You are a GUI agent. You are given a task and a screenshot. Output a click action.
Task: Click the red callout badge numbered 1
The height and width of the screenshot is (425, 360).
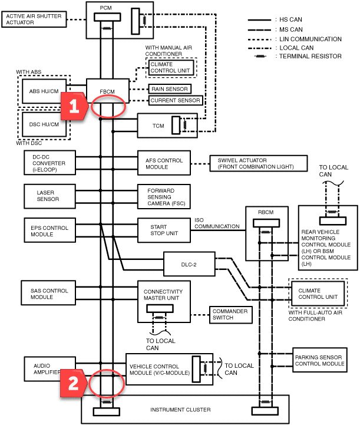coord(74,106)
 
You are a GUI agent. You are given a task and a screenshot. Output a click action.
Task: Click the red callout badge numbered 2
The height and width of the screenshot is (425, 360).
coord(73,383)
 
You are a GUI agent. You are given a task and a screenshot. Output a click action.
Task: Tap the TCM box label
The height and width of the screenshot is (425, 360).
coord(158,126)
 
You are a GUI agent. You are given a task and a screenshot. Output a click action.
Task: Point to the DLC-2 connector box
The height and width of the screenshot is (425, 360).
coord(189,264)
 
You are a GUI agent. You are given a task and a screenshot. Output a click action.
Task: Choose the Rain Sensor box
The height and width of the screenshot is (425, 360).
coord(170,89)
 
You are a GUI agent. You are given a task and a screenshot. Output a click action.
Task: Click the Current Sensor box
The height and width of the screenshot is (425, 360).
coord(175,100)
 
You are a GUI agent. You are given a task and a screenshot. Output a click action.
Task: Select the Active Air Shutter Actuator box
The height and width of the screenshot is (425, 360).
coord(34,19)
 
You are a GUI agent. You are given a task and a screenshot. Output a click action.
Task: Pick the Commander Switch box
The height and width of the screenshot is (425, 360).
coord(231,315)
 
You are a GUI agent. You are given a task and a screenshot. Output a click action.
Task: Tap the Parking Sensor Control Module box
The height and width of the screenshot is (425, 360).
coord(319,360)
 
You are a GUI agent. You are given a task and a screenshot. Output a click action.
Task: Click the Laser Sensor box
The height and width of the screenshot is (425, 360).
coord(49,196)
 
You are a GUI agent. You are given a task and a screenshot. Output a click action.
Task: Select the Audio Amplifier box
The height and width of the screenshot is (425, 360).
coord(49,369)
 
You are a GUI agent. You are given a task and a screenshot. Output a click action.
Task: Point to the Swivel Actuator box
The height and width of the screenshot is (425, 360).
coord(259,163)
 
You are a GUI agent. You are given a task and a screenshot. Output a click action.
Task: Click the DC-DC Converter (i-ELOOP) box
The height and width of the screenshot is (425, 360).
coord(49,163)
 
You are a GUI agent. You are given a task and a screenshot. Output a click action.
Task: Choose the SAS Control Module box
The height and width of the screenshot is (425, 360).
coord(48,293)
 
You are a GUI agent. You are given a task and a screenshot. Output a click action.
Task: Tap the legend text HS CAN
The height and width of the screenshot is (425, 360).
coord(290,19)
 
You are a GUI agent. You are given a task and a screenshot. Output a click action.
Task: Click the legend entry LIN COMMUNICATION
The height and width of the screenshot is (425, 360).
coord(311,39)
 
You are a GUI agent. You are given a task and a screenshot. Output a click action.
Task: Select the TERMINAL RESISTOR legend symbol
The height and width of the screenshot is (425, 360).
coord(260,57)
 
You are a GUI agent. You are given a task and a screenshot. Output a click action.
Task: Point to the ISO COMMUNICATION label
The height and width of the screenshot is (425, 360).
coord(217,223)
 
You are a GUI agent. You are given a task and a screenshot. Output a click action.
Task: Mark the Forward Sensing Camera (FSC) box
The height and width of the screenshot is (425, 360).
coord(164,196)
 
